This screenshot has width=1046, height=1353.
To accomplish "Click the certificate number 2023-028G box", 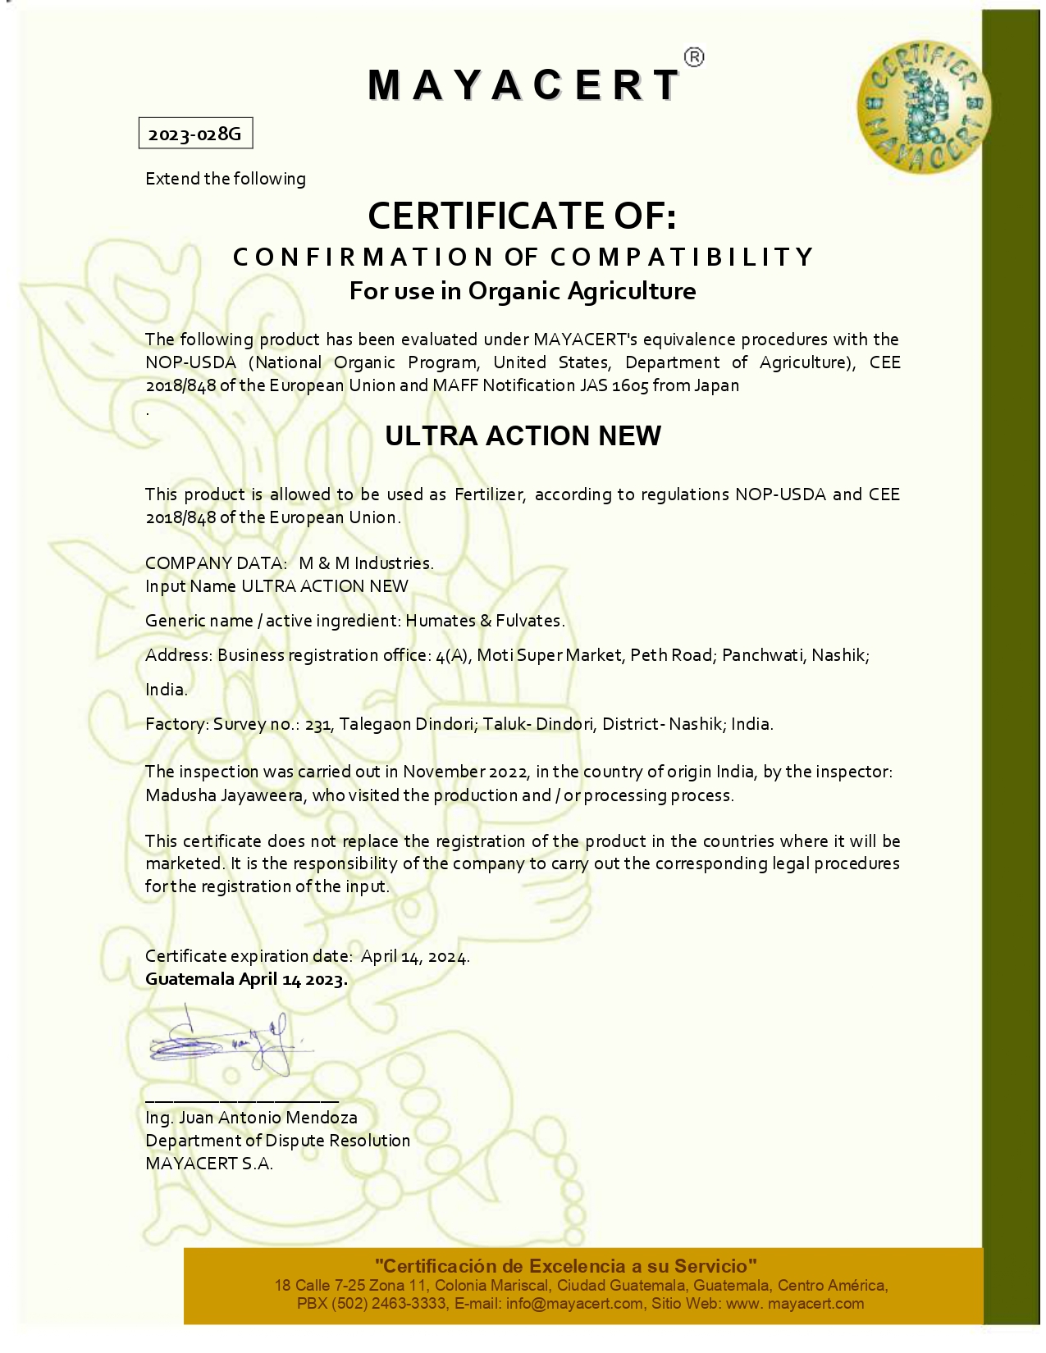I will (x=195, y=134).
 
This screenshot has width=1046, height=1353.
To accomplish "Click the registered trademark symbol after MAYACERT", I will (x=693, y=57).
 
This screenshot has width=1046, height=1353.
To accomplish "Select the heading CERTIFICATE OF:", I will (x=522, y=216).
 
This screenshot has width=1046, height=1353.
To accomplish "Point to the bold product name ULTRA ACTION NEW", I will (x=523, y=435).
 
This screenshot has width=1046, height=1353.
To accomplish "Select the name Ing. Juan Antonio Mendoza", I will (x=251, y=1118).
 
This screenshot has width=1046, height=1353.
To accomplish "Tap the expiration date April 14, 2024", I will (x=415, y=956).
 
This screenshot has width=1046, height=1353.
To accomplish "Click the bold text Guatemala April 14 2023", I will (x=246, y=979).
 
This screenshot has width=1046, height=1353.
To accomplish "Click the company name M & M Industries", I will (x=366, y=563).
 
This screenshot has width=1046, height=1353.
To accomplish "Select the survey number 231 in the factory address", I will (x=318, y=725).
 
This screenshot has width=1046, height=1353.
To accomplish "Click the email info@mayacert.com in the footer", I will (x=574, y=1304).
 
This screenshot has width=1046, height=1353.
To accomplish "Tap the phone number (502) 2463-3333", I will (x=390, y=1304).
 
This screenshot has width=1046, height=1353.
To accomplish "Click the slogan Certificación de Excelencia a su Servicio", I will (x=565, y=1266).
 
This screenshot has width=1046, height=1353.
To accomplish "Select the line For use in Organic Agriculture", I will (x=523, y=291).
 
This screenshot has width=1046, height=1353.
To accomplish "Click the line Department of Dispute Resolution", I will (x=277, y=1141).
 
